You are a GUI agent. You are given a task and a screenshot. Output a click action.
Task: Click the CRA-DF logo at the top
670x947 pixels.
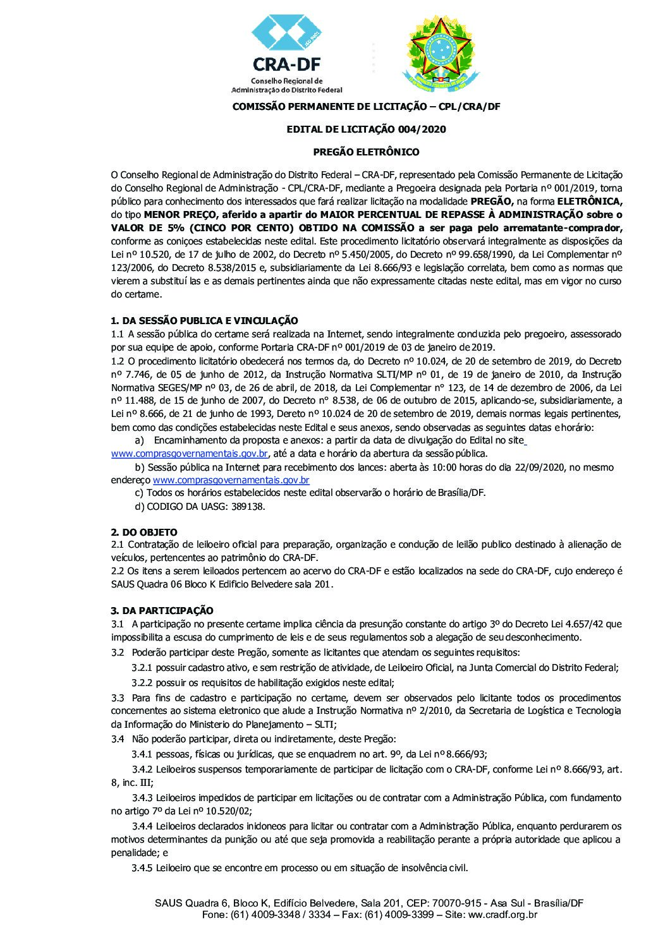288,54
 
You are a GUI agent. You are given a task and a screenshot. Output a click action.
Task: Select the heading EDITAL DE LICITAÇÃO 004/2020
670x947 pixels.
366,130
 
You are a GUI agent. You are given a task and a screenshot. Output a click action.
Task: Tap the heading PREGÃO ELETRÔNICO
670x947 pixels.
366,152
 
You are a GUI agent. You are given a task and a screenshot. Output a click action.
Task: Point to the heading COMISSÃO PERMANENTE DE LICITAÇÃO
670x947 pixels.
366,107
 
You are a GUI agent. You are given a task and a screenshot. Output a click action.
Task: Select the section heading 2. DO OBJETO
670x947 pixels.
144,532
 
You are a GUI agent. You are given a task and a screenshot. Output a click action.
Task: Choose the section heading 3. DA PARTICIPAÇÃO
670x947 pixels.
162,610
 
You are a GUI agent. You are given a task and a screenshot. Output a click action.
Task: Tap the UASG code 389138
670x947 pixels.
243,507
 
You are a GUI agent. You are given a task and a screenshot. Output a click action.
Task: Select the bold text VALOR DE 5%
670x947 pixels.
143,227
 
